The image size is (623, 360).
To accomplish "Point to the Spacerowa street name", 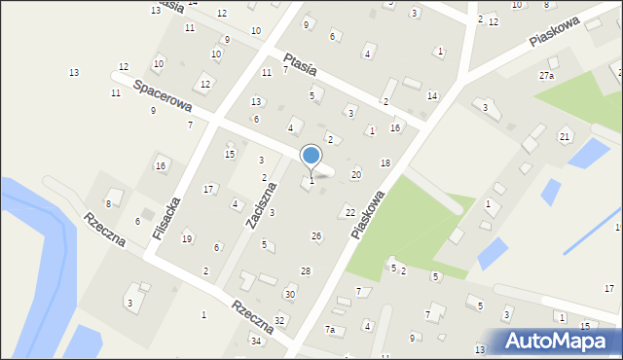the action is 163,96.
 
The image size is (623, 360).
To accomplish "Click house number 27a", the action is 546,76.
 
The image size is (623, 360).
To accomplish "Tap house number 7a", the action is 330,330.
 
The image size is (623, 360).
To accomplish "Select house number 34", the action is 256,341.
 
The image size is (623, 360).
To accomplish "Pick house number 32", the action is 279,320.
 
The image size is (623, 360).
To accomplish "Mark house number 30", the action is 289,294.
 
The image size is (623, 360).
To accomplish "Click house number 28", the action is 305,270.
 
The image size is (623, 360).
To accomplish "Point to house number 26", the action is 315,236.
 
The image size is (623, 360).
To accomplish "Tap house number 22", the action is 349,212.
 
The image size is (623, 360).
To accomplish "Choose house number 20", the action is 355,174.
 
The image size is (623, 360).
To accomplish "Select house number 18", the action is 385,162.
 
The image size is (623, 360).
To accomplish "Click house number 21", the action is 565,136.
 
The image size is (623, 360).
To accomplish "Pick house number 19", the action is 186,238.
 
